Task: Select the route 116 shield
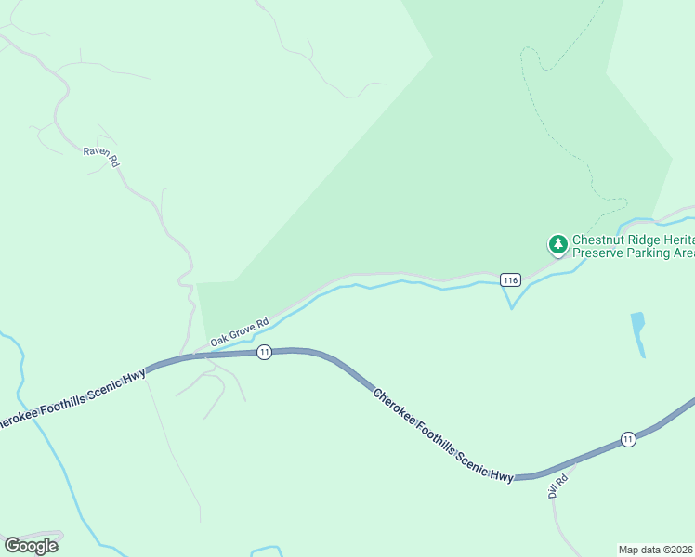click(509, 279)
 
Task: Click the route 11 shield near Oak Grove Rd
click(265, 352)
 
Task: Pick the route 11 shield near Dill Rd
click(629, 439)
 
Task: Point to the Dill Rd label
click(557, 486)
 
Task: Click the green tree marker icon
click(557, 245)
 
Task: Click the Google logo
click(31, 546)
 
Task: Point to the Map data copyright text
click(656, 549)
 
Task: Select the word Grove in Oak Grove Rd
click(244, 329)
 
